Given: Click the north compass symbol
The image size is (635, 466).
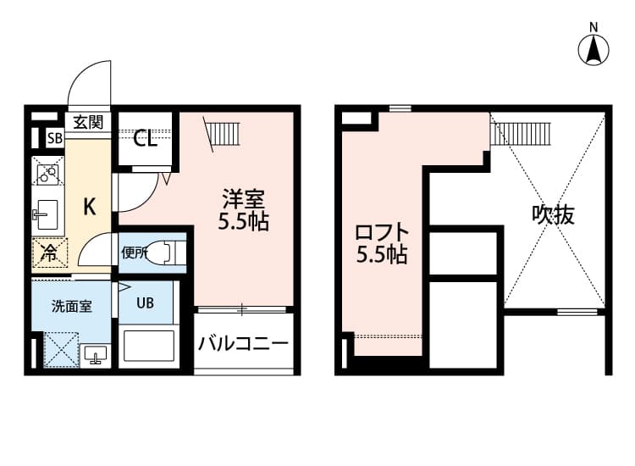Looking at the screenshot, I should tap(594, 48).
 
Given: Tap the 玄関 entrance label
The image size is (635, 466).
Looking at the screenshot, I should tap(86, 122).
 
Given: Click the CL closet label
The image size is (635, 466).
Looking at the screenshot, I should tap(146, 139).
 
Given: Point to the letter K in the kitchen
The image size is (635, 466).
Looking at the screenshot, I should tap(88, 206).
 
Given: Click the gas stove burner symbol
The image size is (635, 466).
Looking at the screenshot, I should tap(47, 174).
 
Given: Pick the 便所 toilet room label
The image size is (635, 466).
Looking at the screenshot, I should tap(135, 252).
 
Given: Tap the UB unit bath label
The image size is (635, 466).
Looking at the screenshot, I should tap(146, 303).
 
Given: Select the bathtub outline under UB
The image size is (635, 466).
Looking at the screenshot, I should tap(148, 347).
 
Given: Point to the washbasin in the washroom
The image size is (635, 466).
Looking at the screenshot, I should tap(93, 353).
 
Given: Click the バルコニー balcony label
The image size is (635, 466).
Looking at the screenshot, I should tap(244, 344).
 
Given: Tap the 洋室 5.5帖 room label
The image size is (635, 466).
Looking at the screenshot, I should tap(245, 211).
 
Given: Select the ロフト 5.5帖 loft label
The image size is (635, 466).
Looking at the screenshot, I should tap(382, 243).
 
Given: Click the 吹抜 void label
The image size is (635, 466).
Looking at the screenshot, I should tap(553, 215).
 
